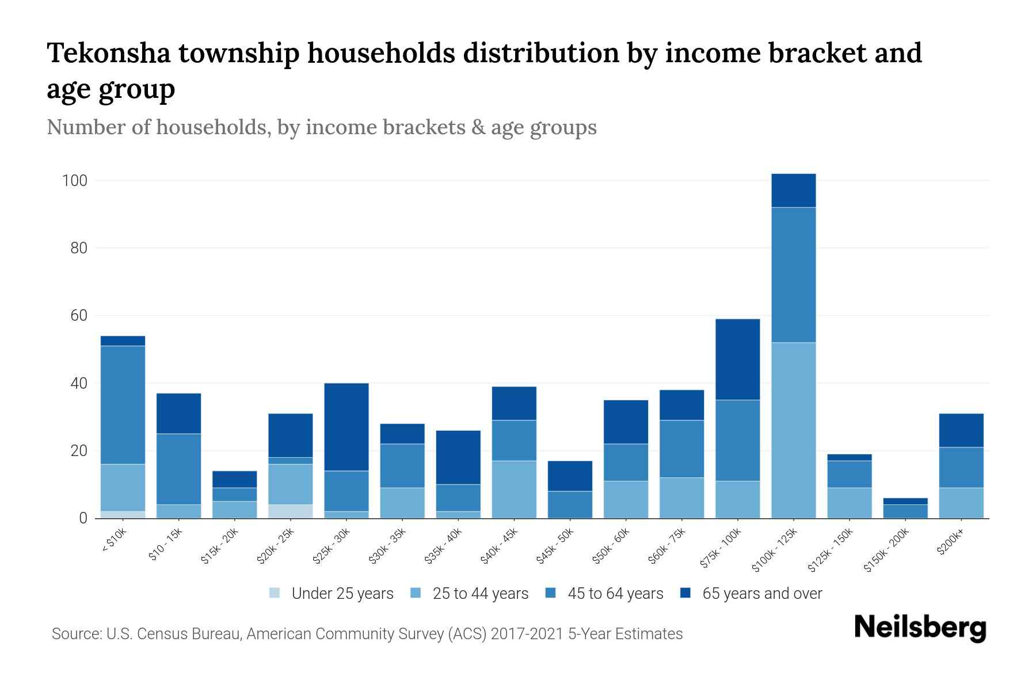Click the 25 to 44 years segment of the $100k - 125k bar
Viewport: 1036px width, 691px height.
tap(793, 430)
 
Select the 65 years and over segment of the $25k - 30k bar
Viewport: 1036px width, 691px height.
tap(346, 427)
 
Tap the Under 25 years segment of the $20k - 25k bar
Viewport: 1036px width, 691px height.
tap(291, 511)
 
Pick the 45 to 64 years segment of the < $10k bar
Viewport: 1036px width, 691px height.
tap(123, 405)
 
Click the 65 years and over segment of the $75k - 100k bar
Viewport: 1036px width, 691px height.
tap(737, 359)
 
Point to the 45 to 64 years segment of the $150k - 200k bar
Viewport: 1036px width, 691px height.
tap(905, 511)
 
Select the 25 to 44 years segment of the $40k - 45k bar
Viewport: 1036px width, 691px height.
tap(514, 489)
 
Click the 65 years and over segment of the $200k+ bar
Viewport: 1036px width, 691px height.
tap(961, 430)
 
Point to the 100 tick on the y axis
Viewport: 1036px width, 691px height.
tap(75, 181)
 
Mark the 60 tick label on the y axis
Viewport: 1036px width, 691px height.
tap(78, 316)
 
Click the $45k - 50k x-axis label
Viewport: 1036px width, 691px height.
tap(556, 545)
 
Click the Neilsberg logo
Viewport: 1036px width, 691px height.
tap(920, 628)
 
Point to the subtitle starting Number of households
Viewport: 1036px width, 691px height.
tap(321, 127)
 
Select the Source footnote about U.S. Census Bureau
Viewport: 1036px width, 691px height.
tap(367, 634)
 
